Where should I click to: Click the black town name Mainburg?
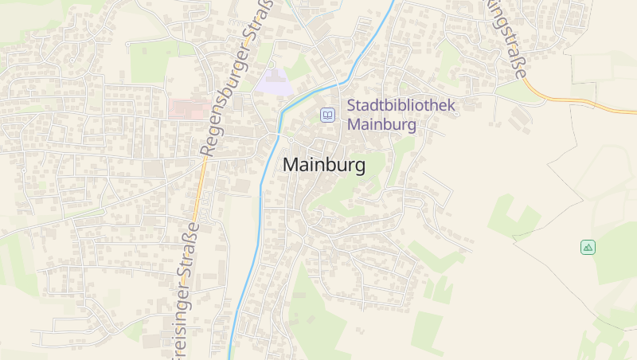[324, 166]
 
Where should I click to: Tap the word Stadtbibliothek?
[401, 106]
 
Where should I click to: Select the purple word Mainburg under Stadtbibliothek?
[382, 125]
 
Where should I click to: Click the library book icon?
[327, 115]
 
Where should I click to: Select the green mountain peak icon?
[588, 247]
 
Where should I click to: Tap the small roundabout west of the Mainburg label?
[291, 140]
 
